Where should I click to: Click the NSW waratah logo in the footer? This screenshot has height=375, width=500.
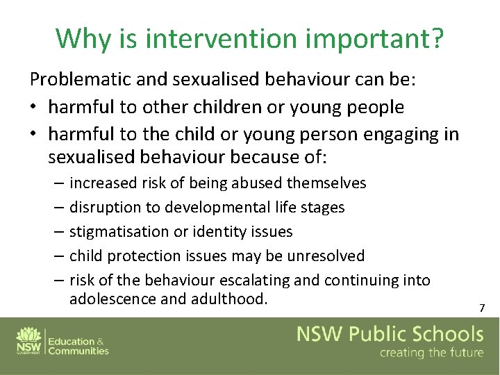pos(27,335)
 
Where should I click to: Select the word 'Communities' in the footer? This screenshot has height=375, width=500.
pos(78,351)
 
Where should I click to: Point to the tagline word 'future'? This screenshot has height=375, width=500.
pos(459,353)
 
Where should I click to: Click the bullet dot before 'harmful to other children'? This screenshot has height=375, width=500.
pos(33,108)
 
